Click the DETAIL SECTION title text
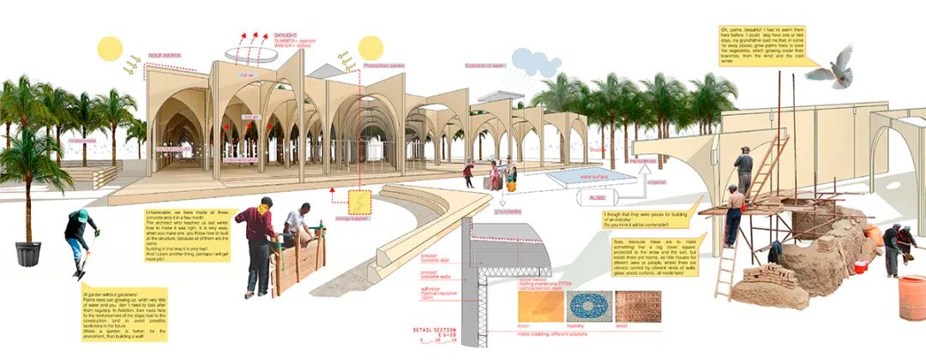tap(437, 329)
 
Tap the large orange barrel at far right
tap(911, 297)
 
